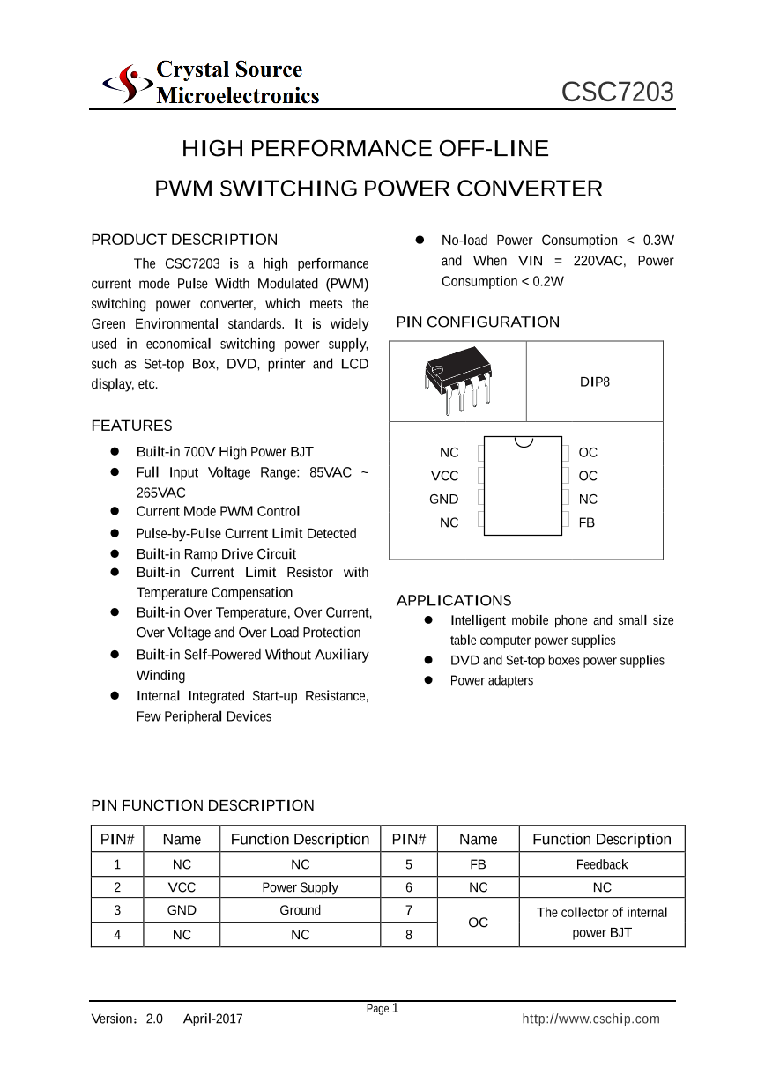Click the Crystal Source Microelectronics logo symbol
click(x=124, y=84)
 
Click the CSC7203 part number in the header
click(x=618, y=93)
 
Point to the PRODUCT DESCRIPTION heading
click(x=184, y=240)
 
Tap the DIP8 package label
click(x=594, y=382)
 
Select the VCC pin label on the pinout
click(x=444, y=476)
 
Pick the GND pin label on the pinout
click(x=443, y=499)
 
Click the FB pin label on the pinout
click(x=587, y=522)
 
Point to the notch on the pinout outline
click(x=524, y=441)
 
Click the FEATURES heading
click(x=131, y=426)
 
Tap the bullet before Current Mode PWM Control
click(x=115, y=511)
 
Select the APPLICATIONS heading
click(x=453, y=600)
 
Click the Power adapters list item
click(x=491, y=680)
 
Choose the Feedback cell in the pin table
click(x=602, y=864)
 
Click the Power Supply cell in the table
click(x=300, y=887)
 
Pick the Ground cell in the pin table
click(x=300, y=910)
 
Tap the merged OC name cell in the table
click(x=478, y=923)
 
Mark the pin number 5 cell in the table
click(x=409, y=864)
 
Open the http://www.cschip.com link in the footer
click(x=590, y=1019)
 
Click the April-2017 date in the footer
click(x=212, y=1019)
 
